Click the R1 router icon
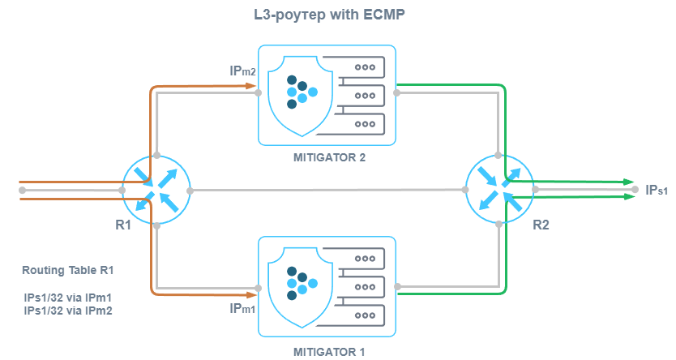click(156, 190)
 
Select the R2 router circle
click(500, 190)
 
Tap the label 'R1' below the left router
click(123, 225)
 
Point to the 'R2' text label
click(541, 225)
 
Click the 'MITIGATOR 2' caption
click(329, 157)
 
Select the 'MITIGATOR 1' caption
click(329, 352)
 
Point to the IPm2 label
click(243, 71)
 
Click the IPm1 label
click(243, 309)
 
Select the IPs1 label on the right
click(657, 190)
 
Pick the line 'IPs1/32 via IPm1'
click(68, 298)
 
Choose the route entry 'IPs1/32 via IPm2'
click(68, 311)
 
